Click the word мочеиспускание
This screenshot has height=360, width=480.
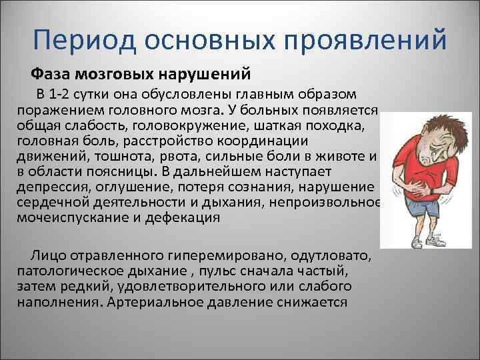click(x=63, y=218)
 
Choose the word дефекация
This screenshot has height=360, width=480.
click(x=185, y=218)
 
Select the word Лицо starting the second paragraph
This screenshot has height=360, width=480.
click(x=43, y=257)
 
